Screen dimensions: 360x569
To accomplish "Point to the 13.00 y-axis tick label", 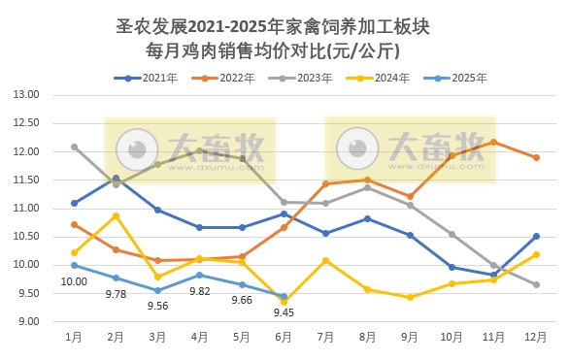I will [x=26, y=95].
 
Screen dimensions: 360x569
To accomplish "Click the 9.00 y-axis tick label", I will [x=26, y=321].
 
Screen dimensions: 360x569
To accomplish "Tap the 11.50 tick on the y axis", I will [x=26, y=180].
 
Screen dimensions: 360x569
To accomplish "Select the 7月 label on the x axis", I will [x=325, y=337].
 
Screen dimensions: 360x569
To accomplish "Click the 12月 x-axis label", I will [x=535, y=337].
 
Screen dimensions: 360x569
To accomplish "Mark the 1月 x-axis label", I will [x=74, y=337].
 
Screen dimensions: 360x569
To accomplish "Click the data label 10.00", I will [x=74, y=282].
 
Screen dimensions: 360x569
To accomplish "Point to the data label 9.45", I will [x=284, y=312].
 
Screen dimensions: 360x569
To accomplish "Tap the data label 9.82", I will [x=200, y=291].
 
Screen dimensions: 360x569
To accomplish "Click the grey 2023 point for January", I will [x=74, y=147].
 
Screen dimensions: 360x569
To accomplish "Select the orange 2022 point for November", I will [x=493, y=142].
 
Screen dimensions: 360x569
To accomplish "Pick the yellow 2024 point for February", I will [x=116, y=215].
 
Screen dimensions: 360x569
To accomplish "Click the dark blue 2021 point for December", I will [x=535, y=236].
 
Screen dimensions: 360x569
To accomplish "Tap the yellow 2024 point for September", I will [x=410, y=297].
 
